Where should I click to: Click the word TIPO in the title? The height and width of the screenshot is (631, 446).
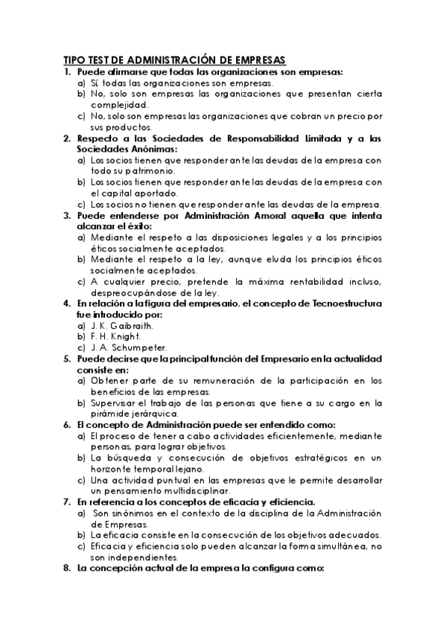(74, 60)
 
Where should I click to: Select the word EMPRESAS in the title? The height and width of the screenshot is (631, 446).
(259, 60)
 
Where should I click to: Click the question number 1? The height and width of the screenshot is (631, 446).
(67, 72)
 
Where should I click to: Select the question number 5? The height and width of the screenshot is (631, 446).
(67, 359)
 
